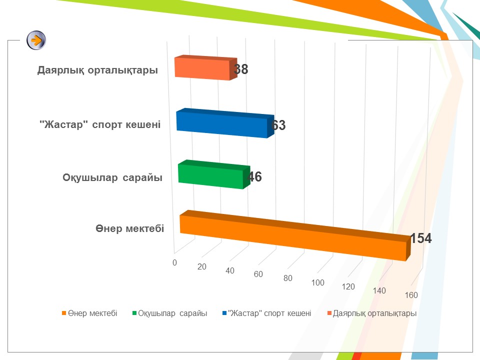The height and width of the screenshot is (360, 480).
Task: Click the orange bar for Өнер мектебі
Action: point(295,235)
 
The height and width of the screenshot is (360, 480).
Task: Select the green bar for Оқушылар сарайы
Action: point(214,174)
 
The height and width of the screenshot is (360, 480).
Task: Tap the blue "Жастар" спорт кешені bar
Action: point(225,123)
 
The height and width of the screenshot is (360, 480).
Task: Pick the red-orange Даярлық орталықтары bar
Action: point(205,67)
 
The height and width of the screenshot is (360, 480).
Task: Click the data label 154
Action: point(421,238)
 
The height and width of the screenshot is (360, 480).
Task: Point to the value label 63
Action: point(278,125)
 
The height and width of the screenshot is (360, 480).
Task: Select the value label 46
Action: point(255,176)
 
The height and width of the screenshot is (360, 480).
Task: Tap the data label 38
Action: point(241,69)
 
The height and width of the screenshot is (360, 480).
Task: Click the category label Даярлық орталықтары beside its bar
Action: point(97,70)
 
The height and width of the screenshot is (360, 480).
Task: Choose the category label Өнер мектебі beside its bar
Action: point(130,228)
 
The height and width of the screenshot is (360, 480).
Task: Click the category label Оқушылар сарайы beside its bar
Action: point(112,177)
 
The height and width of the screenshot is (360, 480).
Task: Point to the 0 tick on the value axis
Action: point(174,262)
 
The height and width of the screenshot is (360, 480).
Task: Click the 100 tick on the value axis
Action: point(318,282)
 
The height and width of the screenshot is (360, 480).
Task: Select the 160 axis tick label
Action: point(411,295)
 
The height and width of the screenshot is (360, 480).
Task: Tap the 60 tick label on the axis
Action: point(258,274)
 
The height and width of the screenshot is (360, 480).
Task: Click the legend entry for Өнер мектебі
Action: point(89,313)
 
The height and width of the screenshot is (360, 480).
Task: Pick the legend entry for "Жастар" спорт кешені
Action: point(267,313)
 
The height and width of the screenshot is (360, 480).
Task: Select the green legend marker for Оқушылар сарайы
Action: point(134,313)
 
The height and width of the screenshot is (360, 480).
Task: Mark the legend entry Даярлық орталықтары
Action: point(372,313)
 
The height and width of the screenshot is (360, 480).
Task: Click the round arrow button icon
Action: point(36,40)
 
